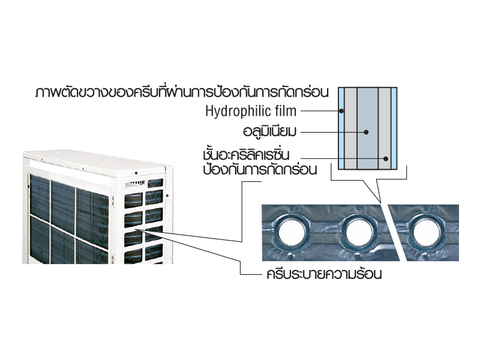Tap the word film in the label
(x=286, y=110)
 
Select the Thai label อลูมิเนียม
(x=269, y=131)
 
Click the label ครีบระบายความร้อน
(x=324, y=274)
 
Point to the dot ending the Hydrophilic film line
(x=341, y=111)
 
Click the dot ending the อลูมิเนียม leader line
(x=366, y=132)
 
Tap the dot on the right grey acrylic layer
(x=386, y=158)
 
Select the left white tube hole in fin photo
(x=291, y=233)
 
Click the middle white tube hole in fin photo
(x=358, y=233)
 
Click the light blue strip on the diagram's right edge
(x=394, y=128)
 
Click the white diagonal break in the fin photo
(x=395, y=233)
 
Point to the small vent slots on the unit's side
(x=134, y=184)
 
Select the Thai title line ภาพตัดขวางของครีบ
(x=182, y=92)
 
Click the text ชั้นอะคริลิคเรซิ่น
(x=246, y=155)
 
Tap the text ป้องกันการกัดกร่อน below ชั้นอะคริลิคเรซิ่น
(x=260, y=169)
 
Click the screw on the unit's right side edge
(x=167, y=196)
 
